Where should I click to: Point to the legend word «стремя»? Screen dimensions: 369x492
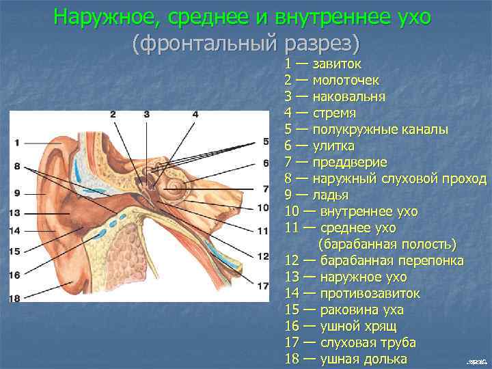[x=335, y=113]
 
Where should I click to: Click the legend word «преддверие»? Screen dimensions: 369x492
[x=350, y=163]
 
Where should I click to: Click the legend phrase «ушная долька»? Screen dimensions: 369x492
[x=363, y=359]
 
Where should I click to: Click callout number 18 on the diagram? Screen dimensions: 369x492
[x=15, y=298]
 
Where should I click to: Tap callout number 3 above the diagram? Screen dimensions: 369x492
[x=146, y=114]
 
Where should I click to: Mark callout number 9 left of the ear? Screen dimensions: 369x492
[x=15, y=192]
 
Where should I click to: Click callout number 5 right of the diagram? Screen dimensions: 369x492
[x=265, y=141]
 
